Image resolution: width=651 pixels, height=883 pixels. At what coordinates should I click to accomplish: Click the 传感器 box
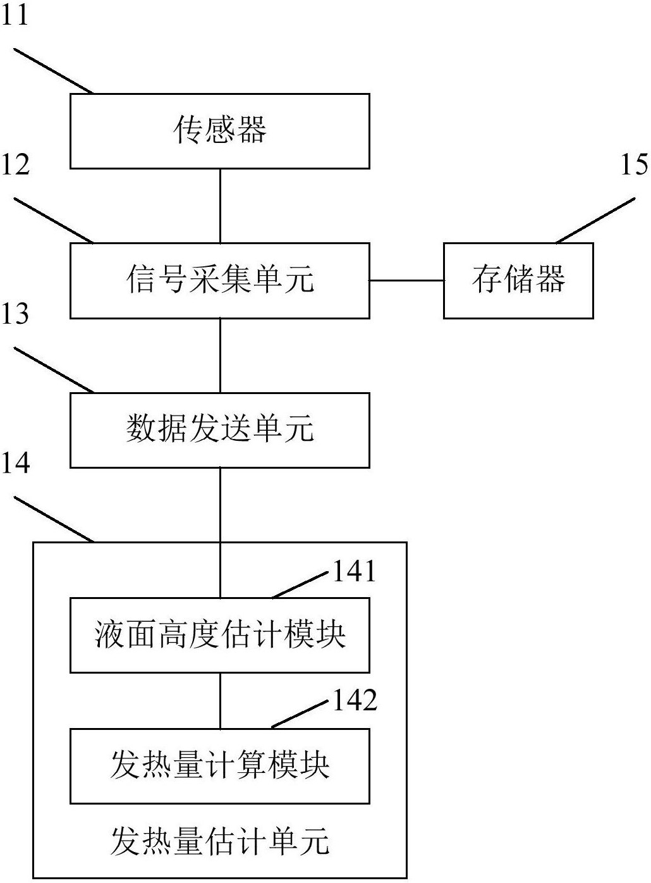click(x=219, y=131)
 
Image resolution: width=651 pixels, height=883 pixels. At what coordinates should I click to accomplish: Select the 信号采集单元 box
click(x=219, y=280)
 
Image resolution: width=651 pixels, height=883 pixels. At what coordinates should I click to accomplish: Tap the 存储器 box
click(x=518, y=280)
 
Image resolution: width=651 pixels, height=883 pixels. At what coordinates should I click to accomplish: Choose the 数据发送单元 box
click(x=219, y=430)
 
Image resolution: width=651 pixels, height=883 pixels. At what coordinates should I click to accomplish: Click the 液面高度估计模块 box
click(x=219, y=634)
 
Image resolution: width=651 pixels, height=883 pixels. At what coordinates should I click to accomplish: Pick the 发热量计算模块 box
click(x=219, y=765)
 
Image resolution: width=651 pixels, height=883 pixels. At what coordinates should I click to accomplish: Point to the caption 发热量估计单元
click(x=219, y=842)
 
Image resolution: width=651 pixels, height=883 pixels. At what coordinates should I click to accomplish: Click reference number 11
click(x=15, y=14)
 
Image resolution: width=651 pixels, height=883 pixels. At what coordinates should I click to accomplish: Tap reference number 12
click(x=15, y=164)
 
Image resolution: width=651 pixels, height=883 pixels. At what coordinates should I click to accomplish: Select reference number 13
click(x=15, y=314)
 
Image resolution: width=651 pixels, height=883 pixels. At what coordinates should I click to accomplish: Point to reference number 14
click(x=15, y=463)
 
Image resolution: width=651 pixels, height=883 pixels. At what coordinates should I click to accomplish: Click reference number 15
click(x=634, y=164)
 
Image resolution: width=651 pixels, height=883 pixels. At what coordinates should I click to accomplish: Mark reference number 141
click(x=355, y=572)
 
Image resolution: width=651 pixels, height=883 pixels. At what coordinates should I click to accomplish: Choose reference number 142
click(x=355, y=701)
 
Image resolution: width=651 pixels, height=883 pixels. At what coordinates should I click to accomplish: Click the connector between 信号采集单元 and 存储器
click(x=406, y=280)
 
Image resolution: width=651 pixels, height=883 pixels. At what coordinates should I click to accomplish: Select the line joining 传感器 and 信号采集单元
click(x=220, y=206)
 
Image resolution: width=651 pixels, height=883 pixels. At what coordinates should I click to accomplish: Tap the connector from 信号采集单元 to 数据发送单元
click(x=220, y=355)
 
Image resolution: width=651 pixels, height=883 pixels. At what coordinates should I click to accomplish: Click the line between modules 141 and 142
click(x=220, y=700)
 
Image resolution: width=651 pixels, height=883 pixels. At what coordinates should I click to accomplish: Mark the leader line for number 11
click(x=54, y=70)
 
